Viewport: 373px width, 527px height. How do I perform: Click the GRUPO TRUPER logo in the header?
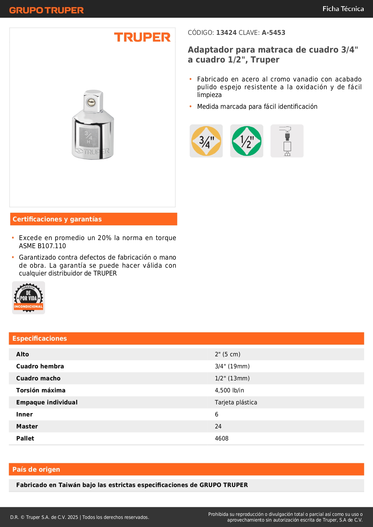46,10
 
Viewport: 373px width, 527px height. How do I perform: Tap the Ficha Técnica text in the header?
343,9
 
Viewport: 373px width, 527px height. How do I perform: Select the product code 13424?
226,33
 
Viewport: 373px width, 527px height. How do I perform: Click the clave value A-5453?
273,33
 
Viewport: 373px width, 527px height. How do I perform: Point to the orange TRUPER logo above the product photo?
142,37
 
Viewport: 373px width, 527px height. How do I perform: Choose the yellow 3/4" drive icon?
206,141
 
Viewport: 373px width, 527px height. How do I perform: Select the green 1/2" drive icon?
247,141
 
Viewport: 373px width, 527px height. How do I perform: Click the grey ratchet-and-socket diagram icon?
287,141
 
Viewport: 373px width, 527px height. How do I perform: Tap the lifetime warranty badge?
29,298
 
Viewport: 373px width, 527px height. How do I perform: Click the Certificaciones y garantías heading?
57,219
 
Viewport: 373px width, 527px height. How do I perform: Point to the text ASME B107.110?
42,246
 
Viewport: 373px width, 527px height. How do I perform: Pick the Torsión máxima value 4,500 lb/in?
229,390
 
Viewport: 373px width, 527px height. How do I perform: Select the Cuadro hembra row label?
40,366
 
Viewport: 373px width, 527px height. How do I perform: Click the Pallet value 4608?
222,438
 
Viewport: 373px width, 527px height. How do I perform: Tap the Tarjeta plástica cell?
236,402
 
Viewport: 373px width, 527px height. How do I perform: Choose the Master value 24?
218,426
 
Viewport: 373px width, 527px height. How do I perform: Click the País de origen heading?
36,469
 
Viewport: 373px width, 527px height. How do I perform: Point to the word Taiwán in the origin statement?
70,485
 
